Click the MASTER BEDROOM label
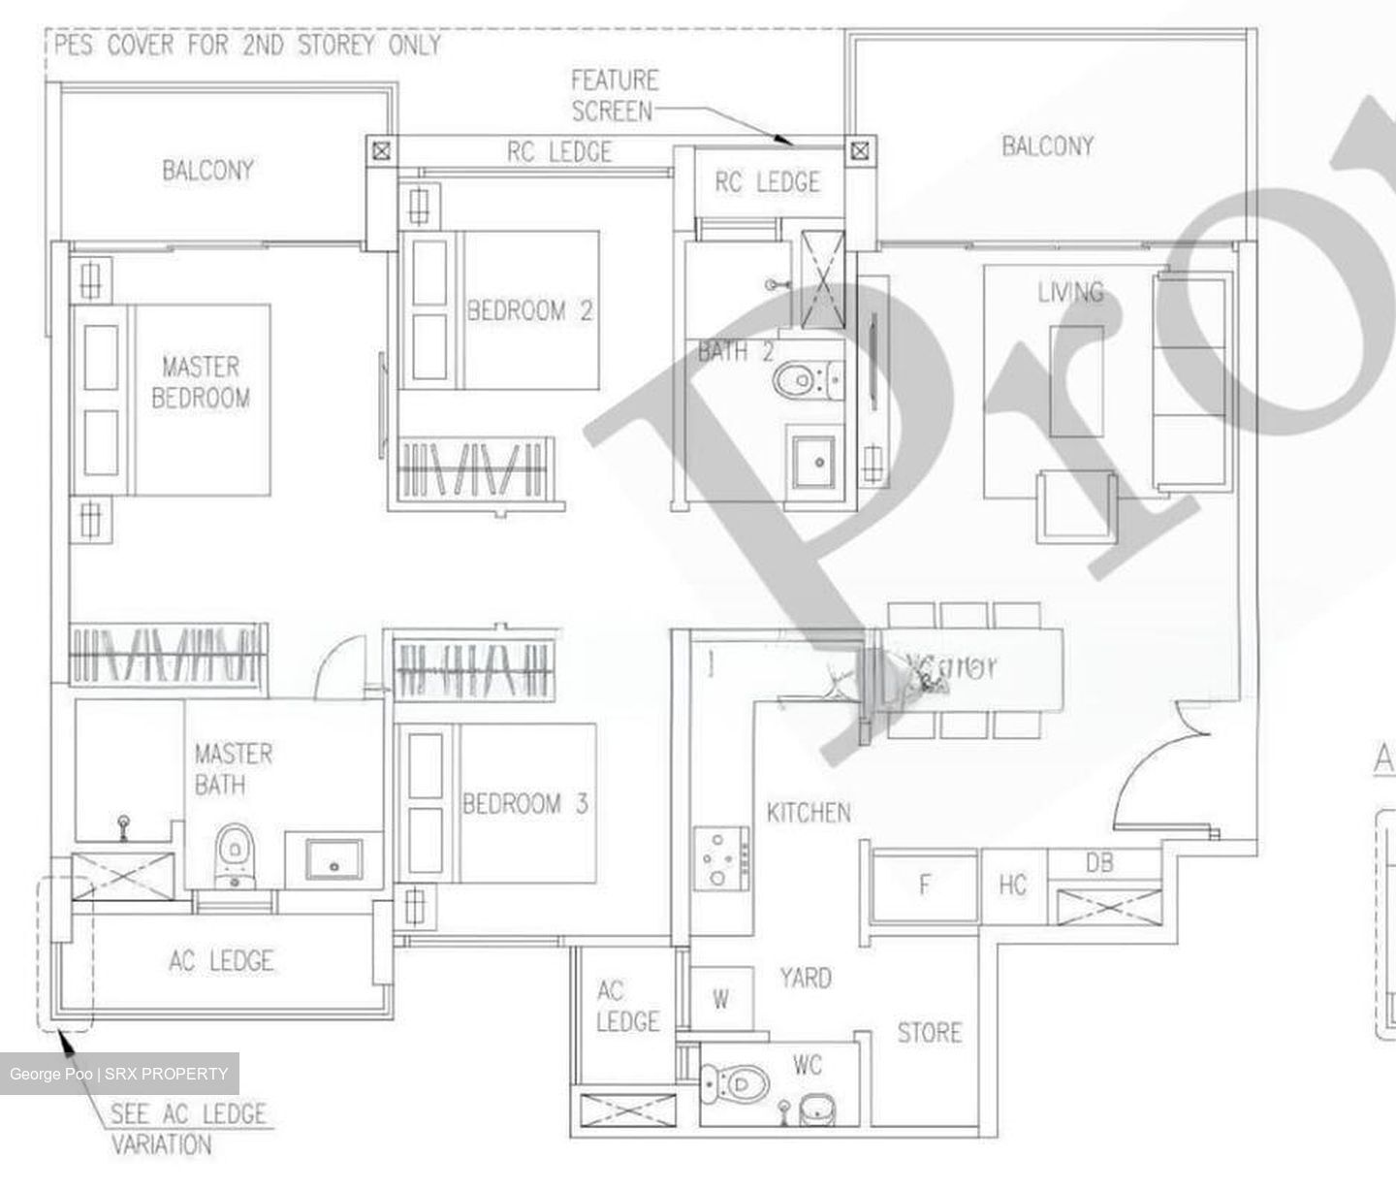(201, 382)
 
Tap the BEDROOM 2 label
(529, 311)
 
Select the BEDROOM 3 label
(524, 804)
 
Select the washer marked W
(721, 999)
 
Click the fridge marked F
(925, 885)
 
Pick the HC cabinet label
(1012, 885)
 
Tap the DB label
(1099, 862)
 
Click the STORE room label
(929, 1033)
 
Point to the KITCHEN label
(809, 813)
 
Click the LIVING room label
(1070, 292)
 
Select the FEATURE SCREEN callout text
(614, 95)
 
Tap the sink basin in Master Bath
(334, 858)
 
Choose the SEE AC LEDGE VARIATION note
(186, 1129)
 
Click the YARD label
(805, 978)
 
